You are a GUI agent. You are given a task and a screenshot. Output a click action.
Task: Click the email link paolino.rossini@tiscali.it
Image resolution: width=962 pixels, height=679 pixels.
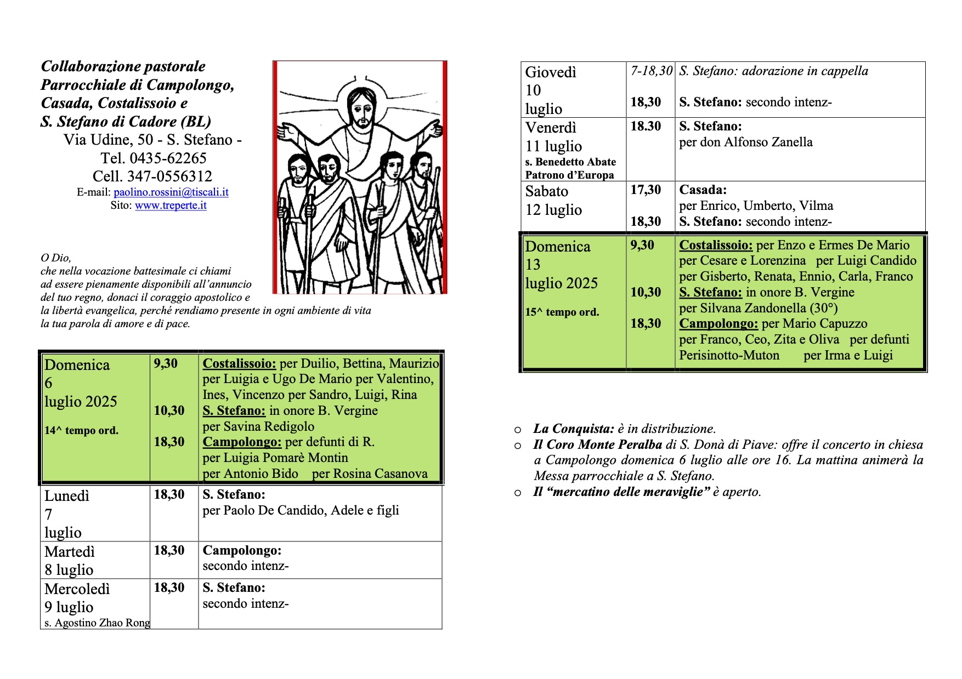[x=171, y=192]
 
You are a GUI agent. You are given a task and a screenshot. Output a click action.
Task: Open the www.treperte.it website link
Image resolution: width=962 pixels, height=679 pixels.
[x=171, y=206]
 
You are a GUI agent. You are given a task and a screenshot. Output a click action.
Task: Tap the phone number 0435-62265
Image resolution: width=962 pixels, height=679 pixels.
[x=168, y=158]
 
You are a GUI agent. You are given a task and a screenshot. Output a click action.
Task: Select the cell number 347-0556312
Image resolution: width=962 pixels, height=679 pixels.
[x=169, y=176]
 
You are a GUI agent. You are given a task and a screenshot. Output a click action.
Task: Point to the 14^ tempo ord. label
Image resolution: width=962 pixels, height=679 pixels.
[x=81, y=431]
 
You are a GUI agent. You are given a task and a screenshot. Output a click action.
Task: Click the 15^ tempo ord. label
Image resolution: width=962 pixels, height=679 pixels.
[x=562, y=312]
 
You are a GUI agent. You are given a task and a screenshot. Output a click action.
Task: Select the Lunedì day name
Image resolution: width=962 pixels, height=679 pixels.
[x=66, y=496]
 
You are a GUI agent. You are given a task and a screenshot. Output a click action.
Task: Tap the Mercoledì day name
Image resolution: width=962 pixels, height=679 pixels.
[x=77, y=589]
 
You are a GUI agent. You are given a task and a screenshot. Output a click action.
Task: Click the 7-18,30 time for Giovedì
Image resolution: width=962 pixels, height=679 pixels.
[x=651, y=71]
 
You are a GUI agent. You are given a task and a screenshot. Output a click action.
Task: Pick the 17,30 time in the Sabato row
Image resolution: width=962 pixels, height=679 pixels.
[x=646, y=190]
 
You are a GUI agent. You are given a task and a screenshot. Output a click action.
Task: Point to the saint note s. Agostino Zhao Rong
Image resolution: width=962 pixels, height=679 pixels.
[x=97, y=623]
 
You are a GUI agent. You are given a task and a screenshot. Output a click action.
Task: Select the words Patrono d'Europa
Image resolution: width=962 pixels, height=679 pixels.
[x=569, y=175]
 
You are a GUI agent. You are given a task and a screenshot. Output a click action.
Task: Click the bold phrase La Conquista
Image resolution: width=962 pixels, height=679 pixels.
[x=573, y=429]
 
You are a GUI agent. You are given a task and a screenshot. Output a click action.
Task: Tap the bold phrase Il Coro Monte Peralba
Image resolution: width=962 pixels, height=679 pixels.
[x=598, y=445]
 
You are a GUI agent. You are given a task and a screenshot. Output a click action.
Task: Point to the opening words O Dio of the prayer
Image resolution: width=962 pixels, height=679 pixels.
[x=56, y=258]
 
